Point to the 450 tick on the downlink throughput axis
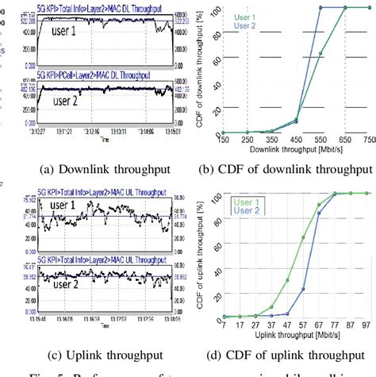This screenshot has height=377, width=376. point(295,140)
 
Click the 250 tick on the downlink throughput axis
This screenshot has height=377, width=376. point(247,140)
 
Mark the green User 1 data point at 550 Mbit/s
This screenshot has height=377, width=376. point(320,54)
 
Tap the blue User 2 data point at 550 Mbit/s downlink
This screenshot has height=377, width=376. point(320,7)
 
